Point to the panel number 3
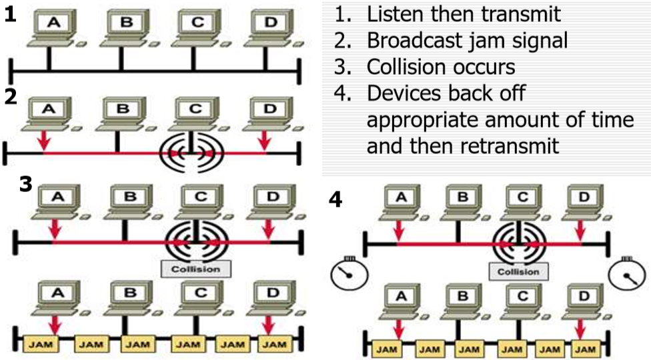[x=25, y=183]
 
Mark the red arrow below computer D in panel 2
[x=266, y=139]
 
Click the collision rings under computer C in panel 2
[x=191, y=154]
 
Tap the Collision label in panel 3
[x=195, y=268]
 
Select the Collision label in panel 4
[x=518, y=271]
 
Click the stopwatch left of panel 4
[x=346, y=275]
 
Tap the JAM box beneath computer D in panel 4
[x=584, y=348]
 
